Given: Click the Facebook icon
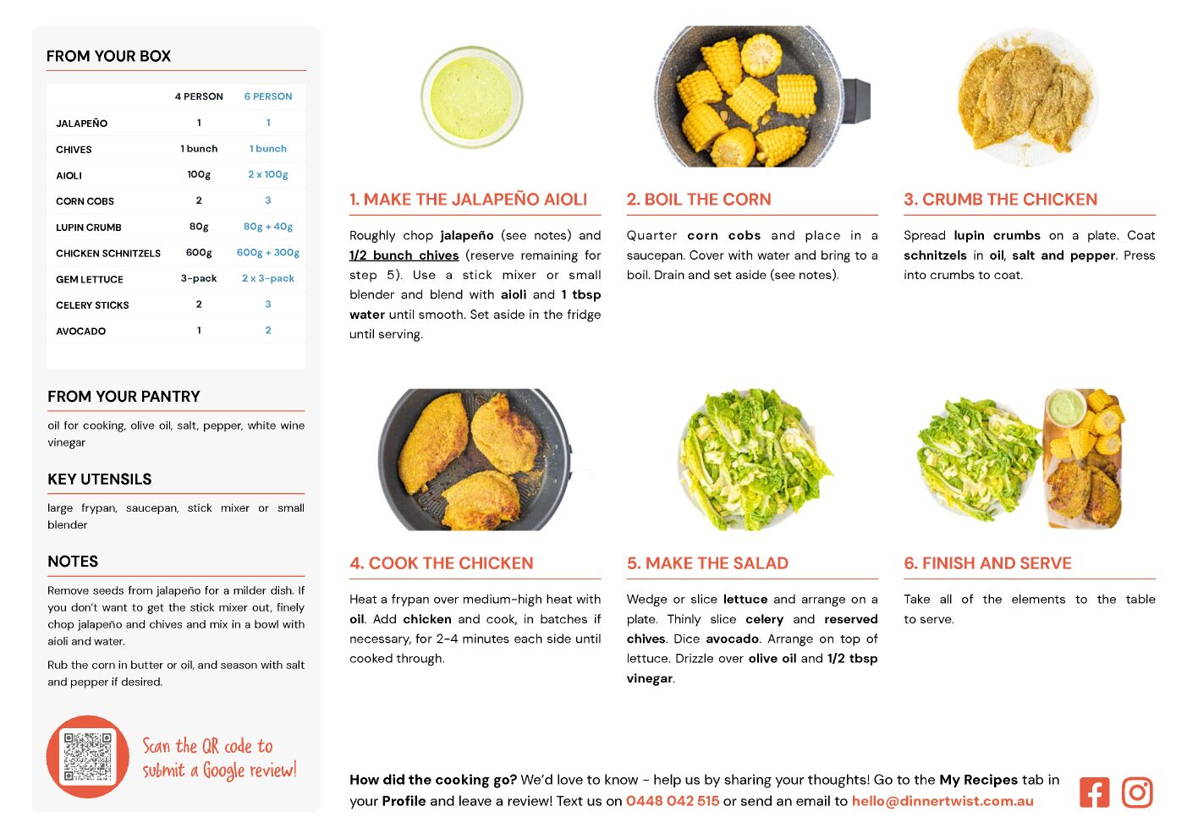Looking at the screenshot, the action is pos(1094,792).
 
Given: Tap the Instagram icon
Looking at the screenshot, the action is pos(1136,792).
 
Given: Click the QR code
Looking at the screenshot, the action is pos(87,756).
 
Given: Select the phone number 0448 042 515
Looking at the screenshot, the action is pos(673,801).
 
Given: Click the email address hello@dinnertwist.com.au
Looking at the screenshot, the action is pos(942,801).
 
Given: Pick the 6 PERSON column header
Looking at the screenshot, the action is pos(268,96).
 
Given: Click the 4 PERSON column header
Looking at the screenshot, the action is pos(199,96).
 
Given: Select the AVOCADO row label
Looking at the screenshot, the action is pos(80,331).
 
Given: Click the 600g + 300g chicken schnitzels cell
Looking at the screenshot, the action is pos(268,253).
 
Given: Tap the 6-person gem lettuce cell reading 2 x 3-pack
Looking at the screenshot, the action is pos(268,278).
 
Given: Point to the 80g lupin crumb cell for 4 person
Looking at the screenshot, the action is pos(199,227).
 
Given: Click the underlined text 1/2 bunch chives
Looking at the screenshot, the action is pos(404,255).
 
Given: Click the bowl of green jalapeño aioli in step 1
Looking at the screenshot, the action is pos(471,97).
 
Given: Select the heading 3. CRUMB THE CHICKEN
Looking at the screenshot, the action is pos(1001,199).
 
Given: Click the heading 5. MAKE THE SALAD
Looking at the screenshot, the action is pos(707,563).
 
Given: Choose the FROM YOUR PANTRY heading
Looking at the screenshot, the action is pos(124,396).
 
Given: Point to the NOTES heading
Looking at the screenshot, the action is pos(73,562).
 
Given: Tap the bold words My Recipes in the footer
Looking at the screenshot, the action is pos(978,780).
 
